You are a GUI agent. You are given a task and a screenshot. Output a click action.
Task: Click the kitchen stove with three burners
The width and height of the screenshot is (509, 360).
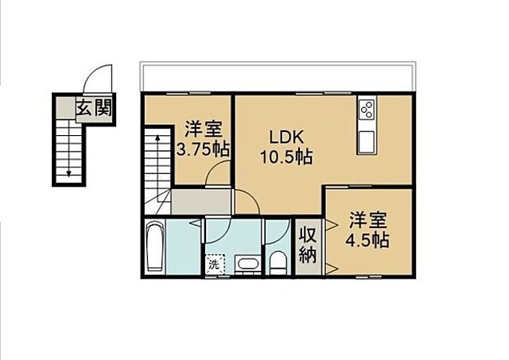(x=367, y=110)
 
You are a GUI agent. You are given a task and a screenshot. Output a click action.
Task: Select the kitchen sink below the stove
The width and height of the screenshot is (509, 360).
(x=367, y=141)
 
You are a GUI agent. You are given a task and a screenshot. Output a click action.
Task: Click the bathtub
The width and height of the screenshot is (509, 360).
(x=156, y=247)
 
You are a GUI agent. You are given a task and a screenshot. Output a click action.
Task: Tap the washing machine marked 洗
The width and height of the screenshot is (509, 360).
(x=213, y=263)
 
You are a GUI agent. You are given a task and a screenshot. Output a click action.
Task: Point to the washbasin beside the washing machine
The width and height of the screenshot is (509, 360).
(x=248, y=265)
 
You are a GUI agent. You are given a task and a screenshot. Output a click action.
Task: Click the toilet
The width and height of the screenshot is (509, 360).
(x=277, y=261)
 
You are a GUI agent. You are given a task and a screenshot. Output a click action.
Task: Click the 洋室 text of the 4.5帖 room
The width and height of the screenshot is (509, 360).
(x=367, y=217)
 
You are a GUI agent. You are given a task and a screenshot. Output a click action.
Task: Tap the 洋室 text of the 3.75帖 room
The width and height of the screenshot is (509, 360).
(x=203, y=127)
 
